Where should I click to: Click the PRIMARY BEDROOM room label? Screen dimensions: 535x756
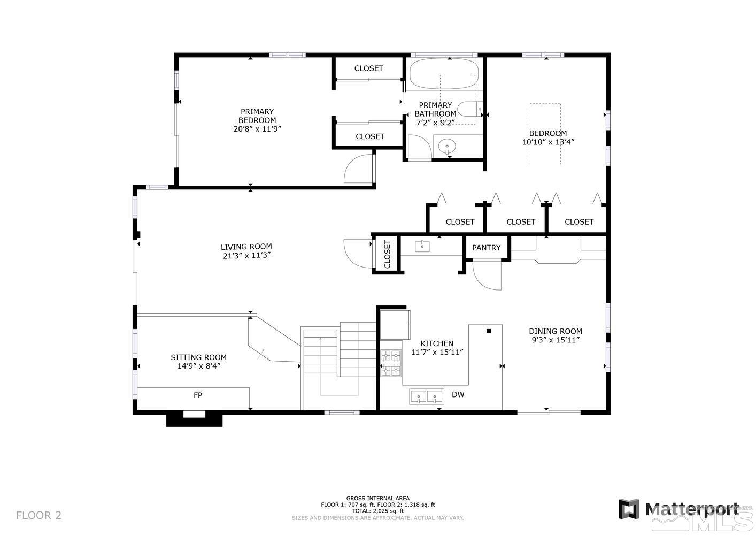point(257,116)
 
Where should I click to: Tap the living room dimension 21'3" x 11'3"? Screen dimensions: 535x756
point(246,256)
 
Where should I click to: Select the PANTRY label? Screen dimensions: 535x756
point(486,248)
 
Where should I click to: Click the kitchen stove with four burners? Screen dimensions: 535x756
point(391,363)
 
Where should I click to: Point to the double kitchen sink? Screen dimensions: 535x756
point(427,397)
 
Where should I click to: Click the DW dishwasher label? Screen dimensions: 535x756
point(458,395)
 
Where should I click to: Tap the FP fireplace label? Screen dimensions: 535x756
point(198,395)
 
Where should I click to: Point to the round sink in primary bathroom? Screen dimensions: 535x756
point(446,146)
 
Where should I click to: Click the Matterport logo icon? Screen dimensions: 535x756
point(629,509)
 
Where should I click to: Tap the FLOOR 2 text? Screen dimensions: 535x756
point(38,516)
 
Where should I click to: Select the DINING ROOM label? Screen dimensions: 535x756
point(556,331)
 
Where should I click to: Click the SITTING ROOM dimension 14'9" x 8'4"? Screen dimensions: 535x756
point(199,366)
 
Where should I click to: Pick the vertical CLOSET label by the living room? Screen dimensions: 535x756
point(387,255)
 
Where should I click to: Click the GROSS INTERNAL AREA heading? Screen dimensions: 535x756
point(377,498)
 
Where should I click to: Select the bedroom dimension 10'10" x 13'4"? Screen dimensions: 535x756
point(548,142)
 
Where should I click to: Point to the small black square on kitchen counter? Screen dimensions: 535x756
point(489,331)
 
